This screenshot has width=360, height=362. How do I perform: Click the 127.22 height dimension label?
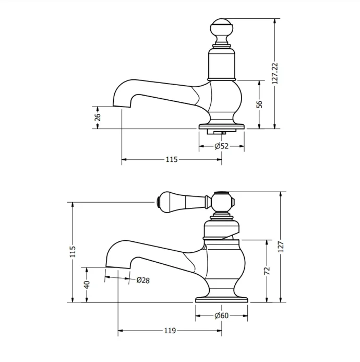[x=275, y=74]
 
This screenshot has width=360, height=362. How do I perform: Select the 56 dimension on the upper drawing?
[x=259, y=104]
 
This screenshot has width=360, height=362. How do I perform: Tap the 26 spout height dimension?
[x=98, y=118]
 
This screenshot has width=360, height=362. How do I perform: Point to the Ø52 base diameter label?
[x=222, y=146]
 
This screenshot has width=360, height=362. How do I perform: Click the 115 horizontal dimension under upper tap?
[x=172, y=160]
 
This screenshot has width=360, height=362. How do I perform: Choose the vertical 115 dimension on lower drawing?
[x=73, y=251]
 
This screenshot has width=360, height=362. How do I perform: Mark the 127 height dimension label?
[x=281, y=246]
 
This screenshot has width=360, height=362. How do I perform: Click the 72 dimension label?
[x=267, y=271]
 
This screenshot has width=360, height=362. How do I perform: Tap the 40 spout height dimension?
[x=87, y=284]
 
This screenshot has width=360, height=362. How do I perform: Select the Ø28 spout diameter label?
[x=143, y=280]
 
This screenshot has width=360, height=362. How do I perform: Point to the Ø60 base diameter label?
[x=222, y=315]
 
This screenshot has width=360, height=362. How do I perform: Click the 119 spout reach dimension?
[x=170, y=331]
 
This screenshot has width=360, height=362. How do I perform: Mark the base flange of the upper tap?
[x=222, y=126]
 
